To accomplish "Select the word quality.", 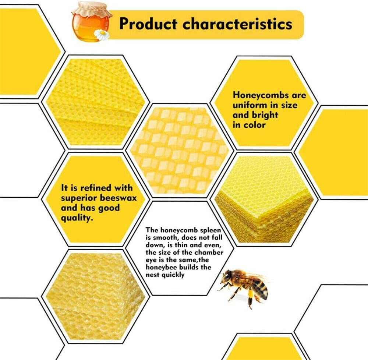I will point(77,218).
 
